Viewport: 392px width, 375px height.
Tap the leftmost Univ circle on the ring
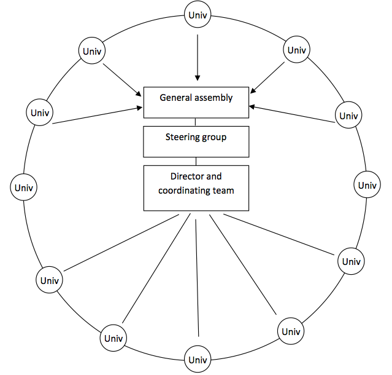coord(25,186)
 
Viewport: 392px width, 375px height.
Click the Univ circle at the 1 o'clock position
coord(296,50)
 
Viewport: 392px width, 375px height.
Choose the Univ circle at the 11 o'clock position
coord(92,50)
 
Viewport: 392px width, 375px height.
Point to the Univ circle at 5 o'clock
coord(291,331)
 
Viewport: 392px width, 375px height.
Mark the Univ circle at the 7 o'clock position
coord(113,337)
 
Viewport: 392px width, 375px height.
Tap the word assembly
coord(214,97)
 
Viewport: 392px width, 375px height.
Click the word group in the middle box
coord(215,136)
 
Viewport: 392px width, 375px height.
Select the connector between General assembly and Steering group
coord(196,122)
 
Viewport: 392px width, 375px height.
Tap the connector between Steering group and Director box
coord(196,160)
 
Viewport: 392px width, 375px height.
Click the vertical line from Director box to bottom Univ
coord(196,277)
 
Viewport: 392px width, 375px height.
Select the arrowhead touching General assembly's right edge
coord(252,107)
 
